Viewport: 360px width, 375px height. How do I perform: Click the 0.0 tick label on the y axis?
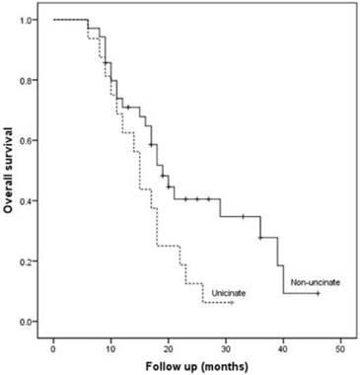(x=33, y=322)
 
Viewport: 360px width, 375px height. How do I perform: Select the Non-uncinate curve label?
(x=315, y=283)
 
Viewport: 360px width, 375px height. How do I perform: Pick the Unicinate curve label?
(x=229, y=293)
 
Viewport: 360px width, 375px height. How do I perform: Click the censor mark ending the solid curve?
(x=318, y=293)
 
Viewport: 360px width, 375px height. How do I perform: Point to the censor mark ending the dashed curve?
(x=231, y=303)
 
